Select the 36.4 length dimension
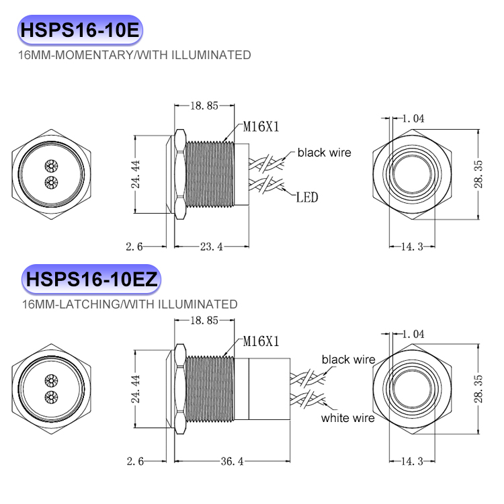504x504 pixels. click(230, 462)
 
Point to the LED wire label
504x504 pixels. click(307, 198)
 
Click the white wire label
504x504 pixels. click(347, 418)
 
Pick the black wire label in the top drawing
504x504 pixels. click(324, 153)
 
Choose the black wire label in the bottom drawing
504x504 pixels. click(348, 360)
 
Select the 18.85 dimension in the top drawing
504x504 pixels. click(204, 106)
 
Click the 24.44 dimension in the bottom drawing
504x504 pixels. click(136, 388)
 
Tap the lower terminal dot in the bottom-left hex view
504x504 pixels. click(48, 396)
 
